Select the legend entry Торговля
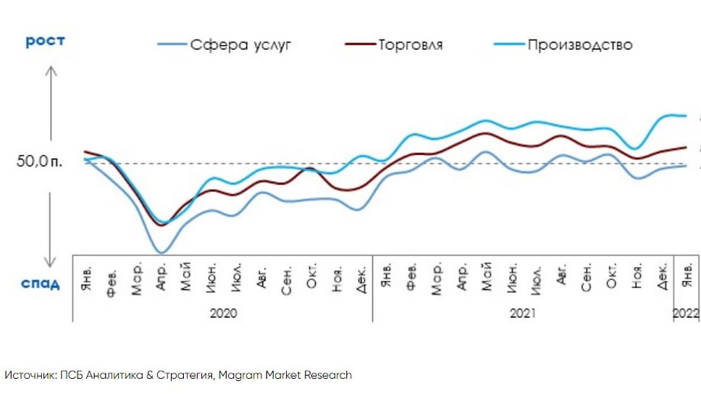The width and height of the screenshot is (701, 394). (x=410, y=45)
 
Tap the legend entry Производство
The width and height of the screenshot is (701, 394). (x=579, y=45)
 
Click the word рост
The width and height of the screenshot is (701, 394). (x=46, y=41)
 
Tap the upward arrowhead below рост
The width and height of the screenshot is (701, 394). (x=51, y=71)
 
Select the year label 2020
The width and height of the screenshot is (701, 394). (x=222, y=313)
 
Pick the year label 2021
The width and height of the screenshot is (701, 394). (x=522, y=313)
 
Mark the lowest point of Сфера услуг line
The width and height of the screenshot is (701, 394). (x=161, y=253)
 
